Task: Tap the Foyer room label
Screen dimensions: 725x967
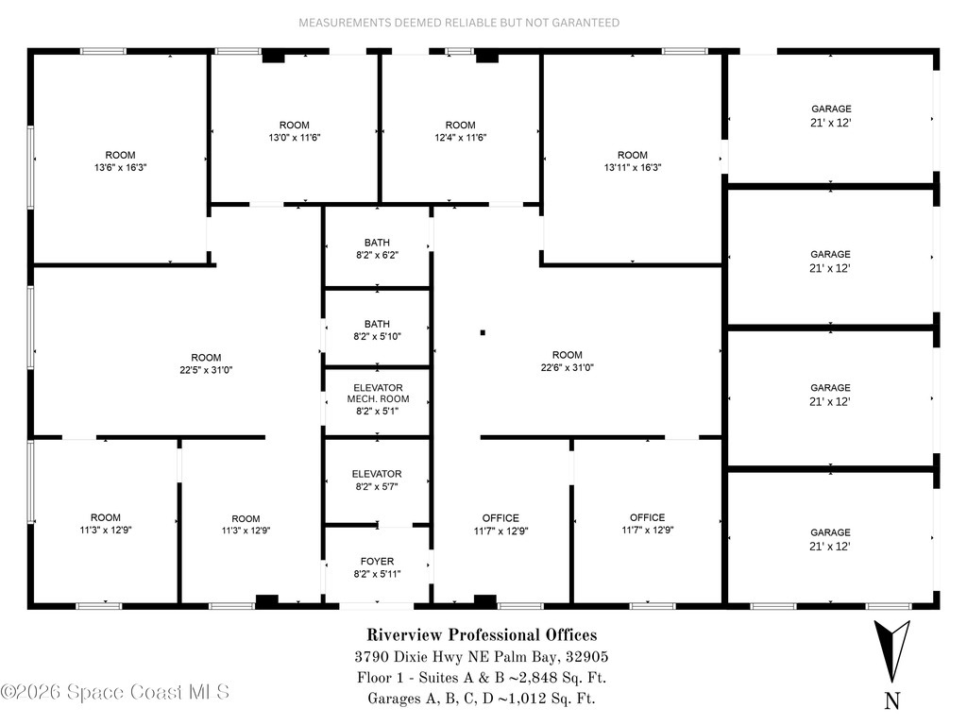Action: point(378,567)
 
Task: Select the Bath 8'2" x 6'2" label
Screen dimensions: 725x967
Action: point(377,248)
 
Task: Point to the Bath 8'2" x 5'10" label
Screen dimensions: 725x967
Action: point(377,329)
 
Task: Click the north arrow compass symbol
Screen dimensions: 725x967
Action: point(891,650)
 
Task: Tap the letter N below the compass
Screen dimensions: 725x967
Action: point(892,700)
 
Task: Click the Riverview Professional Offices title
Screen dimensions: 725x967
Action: point(482,635)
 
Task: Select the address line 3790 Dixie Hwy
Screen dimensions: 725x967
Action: point(482,657)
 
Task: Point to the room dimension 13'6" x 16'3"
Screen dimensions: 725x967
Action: point(120,167)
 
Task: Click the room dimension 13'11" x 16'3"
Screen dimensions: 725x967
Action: point(633,167)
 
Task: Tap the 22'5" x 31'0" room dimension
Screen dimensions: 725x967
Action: point(206,370)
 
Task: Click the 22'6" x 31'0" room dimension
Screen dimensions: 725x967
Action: point(568,367)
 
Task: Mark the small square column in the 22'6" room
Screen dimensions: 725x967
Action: point(483,332)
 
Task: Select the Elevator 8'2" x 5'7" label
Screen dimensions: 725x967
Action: point(377,480)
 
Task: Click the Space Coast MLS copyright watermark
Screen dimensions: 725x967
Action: point(115,692)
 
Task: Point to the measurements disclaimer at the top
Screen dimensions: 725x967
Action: point(459,22)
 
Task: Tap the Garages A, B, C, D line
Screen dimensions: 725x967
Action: point(482,699)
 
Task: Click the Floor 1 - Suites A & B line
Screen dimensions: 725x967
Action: point(482,678)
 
